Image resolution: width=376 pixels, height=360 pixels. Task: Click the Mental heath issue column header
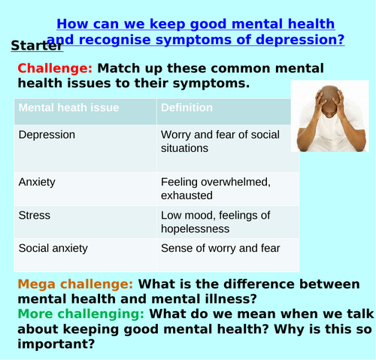tap(68, 107)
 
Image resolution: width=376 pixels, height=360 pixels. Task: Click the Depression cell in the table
tap(47, 135)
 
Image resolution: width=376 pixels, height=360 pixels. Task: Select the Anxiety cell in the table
tap(37, 182)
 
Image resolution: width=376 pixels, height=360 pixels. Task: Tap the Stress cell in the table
tap(35, 216)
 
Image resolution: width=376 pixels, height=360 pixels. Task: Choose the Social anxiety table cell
tap(53, 248)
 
